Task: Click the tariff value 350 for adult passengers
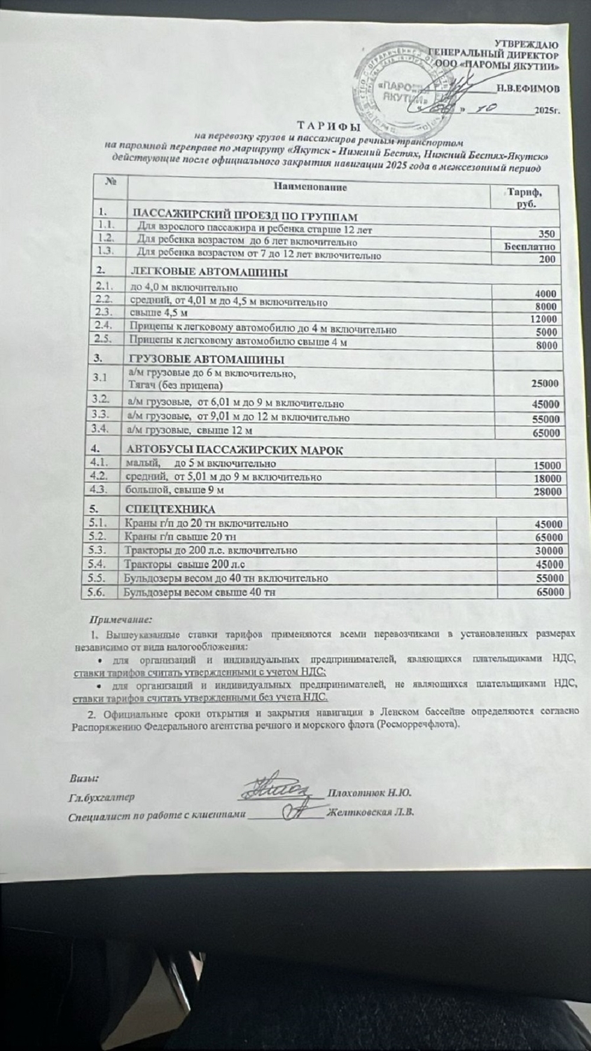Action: click(547, 234)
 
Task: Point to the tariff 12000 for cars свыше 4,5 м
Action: click(544, 319)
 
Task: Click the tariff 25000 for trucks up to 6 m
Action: click(545, 383)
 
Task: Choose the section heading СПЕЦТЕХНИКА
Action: click(170, 509)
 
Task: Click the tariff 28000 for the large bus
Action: click(547, 492)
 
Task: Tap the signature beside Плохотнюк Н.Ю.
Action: click(283, 789)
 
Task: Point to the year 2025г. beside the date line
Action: click(546, 111)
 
